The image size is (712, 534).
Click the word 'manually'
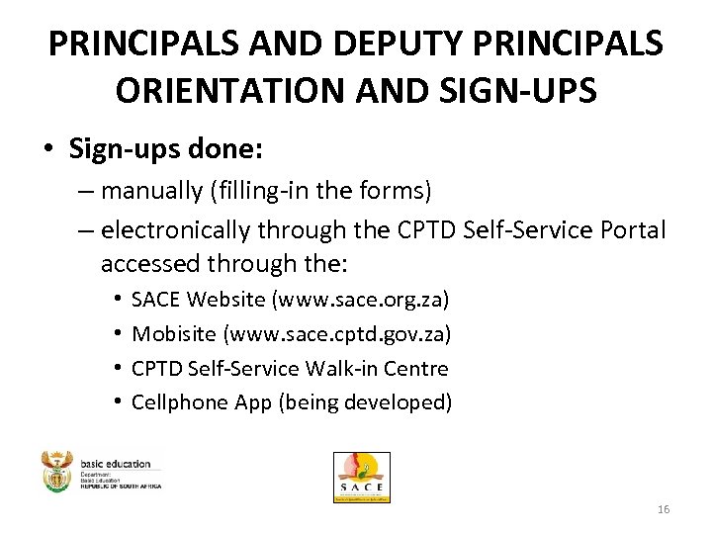coord(148,188)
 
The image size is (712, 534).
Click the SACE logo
coord(361,478)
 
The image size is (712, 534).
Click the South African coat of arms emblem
coord(57,472)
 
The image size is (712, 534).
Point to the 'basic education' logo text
coord(117,463)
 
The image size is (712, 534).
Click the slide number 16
coord(663,509)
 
